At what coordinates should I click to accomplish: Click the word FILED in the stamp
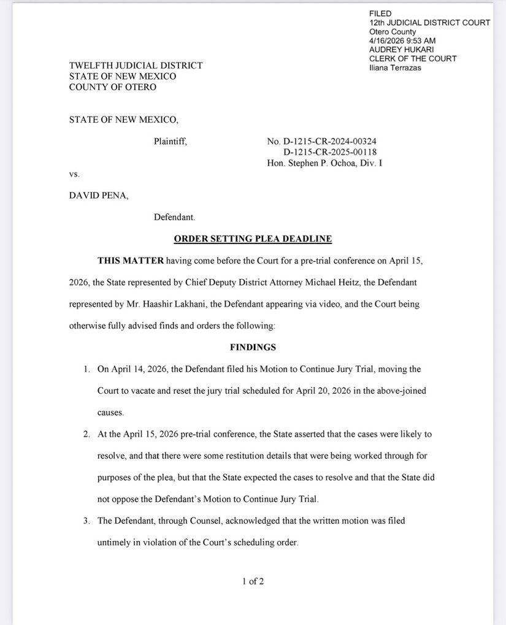380,13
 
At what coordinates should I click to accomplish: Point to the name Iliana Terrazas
395,67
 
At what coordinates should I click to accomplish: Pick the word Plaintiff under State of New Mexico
170,142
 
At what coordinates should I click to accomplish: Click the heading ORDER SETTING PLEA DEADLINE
253,239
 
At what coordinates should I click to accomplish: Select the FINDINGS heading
253,347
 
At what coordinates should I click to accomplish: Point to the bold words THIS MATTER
131,261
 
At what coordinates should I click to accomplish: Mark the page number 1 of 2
253,581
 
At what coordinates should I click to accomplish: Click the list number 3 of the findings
86,521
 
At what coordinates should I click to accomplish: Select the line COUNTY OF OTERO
112,87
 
